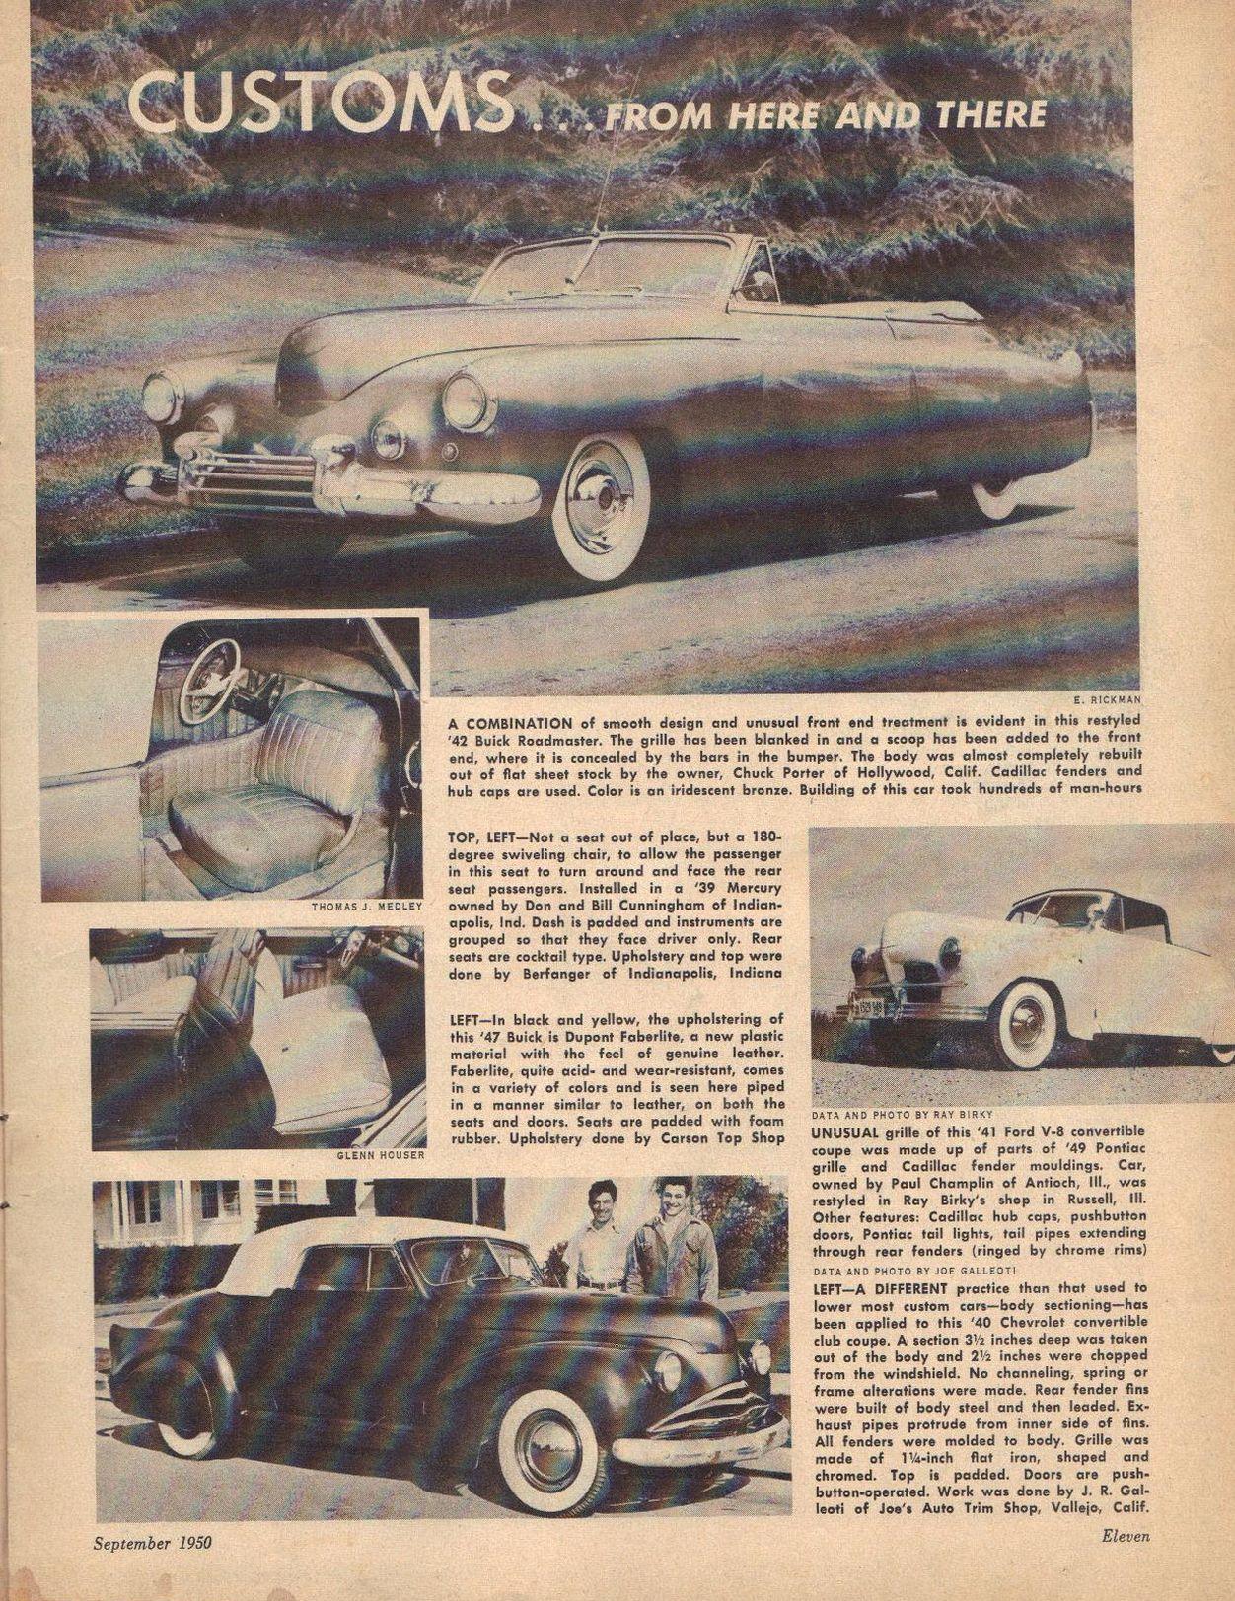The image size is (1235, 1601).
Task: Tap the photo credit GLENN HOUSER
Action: point(379,1154)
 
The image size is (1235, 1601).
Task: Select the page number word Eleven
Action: point(1126,1535)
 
